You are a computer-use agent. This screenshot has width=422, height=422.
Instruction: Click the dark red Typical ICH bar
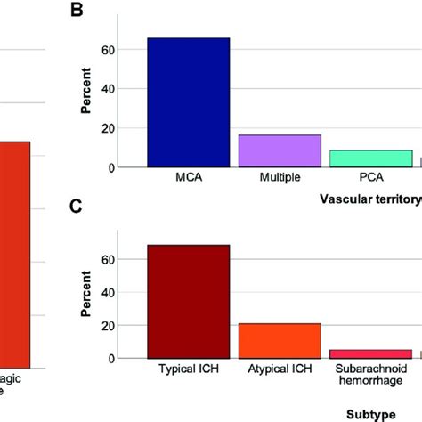point(189,301)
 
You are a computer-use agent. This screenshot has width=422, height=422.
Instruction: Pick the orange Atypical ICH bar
point(279,341)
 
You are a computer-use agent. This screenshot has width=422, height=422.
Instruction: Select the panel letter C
point(79,206)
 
